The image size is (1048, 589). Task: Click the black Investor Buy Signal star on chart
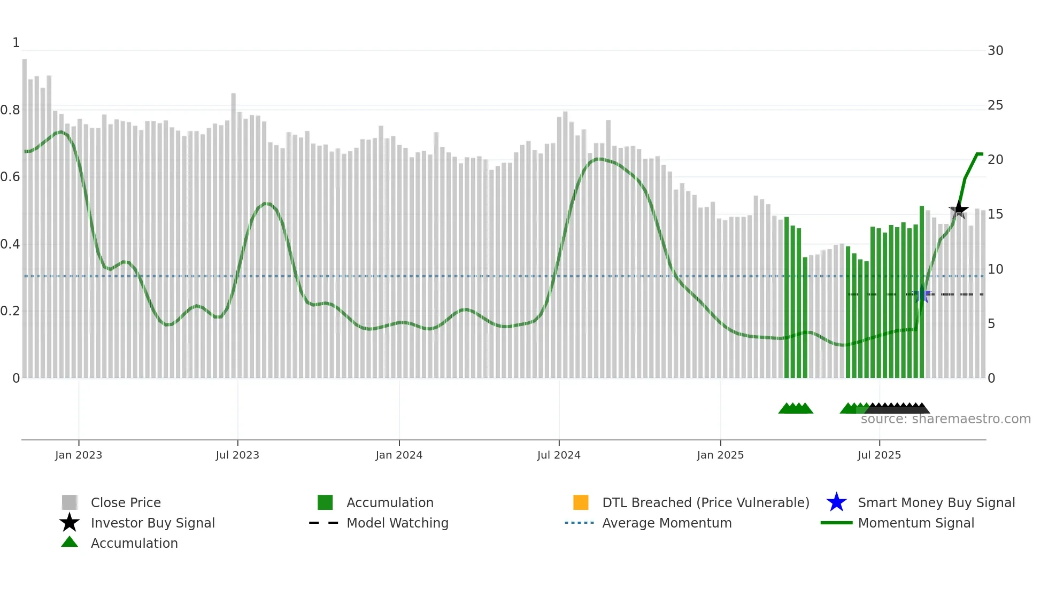[x=958, y=210]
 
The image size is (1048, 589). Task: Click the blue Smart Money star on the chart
[x=922, y=294]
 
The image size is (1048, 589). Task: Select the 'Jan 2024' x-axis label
[x=399, y=455]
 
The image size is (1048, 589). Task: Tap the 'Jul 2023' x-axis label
[x=237, y=455]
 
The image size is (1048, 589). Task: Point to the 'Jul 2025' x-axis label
[x=879, y=455]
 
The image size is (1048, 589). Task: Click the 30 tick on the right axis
[x=995, y=51]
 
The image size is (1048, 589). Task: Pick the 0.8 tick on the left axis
[x=10, y=110]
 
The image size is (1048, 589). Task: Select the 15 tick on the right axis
[x=995, y=214]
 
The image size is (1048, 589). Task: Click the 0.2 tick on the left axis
[x=10, y=311]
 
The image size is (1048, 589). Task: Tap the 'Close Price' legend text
[x=126, y=502]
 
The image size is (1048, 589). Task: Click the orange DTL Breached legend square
[x=581, y=502]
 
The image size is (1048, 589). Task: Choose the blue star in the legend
[x=836, y=502]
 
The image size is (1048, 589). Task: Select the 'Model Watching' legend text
[x=397, y=523]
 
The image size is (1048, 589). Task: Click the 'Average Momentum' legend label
[x=667, y=523]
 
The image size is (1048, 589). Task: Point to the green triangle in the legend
[x=70, y=542]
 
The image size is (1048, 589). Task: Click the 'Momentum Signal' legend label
[x=916, y=523]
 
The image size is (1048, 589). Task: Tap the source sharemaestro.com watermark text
[x=945, y=419]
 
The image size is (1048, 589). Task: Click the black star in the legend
[x=70, y=523]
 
